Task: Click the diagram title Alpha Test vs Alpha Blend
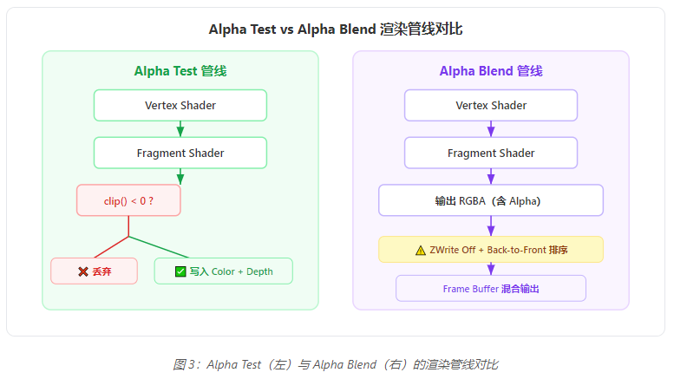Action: pos(336,29)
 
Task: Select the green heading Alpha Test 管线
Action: pos(180,71)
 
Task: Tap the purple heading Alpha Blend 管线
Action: pos(491,71)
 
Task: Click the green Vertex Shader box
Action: pos(180,105)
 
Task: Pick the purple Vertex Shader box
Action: pos(491,105)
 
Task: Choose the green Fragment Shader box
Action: pos(180,153)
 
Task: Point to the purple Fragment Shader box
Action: pos(491,153)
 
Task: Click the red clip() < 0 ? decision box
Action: pos(128,200)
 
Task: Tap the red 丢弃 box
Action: pos(94,271)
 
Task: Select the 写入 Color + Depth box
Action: pos(224,271)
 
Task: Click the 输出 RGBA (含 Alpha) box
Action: pos(491,200)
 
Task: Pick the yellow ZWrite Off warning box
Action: pos(491,250)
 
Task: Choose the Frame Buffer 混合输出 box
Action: pos(491,288)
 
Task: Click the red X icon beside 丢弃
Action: pos(83,271)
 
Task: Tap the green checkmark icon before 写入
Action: pos(180,271)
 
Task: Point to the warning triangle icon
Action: pos(421,250)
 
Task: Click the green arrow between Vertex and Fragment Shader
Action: pos(180,129)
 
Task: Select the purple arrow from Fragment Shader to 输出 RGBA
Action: pos(491,176)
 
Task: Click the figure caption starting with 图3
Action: pos(336,363)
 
